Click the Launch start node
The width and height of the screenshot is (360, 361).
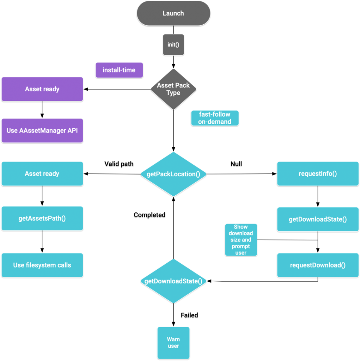[x=173, y=13]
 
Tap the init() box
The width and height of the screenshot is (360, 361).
[x=173, y=45]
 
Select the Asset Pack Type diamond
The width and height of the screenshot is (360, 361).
[x=173, y=89]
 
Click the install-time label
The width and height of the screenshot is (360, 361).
[x=119, y=70]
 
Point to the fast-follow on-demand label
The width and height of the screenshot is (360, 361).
[x=215, y=118]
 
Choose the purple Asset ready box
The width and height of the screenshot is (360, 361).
[x=42, y=89]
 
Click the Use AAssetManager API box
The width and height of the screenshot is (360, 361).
[x=42, y=130]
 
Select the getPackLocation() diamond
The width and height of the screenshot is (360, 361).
[x=173, y=174]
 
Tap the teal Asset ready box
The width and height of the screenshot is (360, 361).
[x=42, y=173]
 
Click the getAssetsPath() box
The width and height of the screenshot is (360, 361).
[x=42, y=218]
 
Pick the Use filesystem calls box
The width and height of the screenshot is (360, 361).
[x=42, y=265]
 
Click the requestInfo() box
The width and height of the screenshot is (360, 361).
[x=318, y=173]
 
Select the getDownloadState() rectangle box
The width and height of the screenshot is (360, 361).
[x=318, y=219]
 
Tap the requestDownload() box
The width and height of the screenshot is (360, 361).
[x=318, y=265]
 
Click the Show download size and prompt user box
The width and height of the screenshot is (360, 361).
[x=241, y=240]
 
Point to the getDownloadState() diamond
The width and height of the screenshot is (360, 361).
[x=173, y=281]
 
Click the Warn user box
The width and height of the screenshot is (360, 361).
[x=173, y=343]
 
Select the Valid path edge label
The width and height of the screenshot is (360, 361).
[x=119, y=164]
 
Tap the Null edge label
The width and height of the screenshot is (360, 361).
[x=236, y=164]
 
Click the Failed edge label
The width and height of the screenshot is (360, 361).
[x=189, y=315]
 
